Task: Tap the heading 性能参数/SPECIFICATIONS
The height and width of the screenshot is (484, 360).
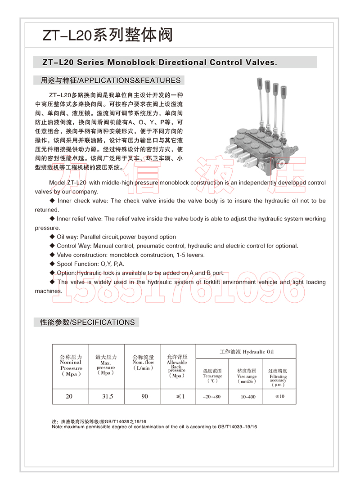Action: [x=87, y=322]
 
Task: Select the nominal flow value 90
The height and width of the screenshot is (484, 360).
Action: [x=144, y=396]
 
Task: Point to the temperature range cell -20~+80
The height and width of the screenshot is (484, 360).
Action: [x=212, y=397]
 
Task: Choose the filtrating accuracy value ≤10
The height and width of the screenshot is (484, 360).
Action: [x=279, y=396]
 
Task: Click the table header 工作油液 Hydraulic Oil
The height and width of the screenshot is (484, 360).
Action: [x=246, y=352]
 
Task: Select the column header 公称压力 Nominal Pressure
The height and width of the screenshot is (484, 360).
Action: [x=71, y=365]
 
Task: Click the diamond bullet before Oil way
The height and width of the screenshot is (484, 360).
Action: [x=52, y=237]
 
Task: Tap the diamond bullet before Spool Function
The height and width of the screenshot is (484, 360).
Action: [x=52, y=264]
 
